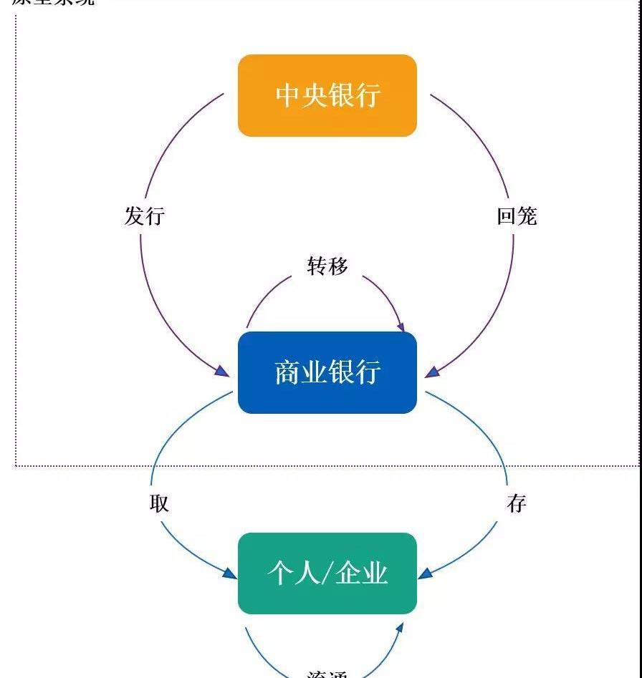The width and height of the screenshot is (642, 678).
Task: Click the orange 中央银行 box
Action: (327, 95)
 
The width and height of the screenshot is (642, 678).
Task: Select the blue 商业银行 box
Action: (327, 372)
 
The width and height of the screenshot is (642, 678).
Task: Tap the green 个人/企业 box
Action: (327, 573)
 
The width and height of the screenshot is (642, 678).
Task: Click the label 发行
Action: (145, 215)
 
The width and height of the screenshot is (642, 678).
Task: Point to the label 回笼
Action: (517, 215)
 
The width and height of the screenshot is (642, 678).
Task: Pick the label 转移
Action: (327, 266)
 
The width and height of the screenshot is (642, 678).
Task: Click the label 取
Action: (159, 503)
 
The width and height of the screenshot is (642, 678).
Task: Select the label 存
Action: (517, 503)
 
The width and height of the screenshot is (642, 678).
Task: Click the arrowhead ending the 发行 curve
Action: (223, 372)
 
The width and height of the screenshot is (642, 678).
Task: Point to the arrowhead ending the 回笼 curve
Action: (431, 372)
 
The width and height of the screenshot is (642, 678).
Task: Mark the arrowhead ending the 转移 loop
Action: (400, 326)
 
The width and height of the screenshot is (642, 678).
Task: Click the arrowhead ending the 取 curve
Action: (230, 573)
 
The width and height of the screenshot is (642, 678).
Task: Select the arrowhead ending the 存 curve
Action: (425, 573)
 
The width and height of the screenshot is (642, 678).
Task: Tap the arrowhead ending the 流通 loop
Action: (400, 628)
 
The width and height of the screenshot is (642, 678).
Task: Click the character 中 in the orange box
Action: (288, 95)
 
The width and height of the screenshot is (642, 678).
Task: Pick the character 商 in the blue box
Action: (288, 372)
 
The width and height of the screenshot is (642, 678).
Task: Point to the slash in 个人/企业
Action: (328, 573)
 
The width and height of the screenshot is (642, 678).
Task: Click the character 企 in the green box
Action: (350, 573)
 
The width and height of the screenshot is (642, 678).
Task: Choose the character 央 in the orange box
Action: (314, 95)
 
